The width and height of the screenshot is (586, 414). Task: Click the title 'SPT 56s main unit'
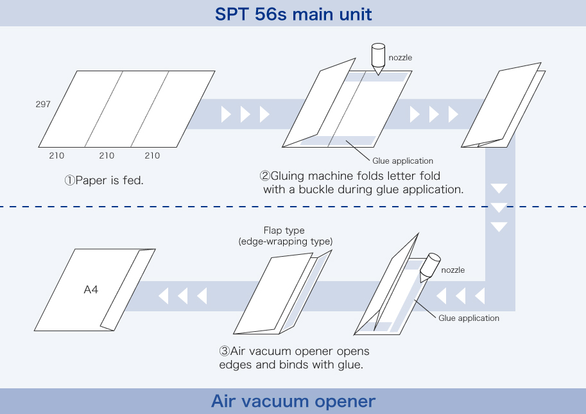(x=293, y=14)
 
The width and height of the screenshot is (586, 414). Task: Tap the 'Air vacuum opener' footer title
(x=293, y=401)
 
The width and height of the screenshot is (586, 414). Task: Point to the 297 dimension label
(x=43, y=104)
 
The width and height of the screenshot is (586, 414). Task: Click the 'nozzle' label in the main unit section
(x=401, y=58)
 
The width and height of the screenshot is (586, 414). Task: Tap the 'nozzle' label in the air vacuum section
(x=453, y=270)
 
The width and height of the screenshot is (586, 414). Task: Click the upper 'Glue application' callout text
(x=403, y=160)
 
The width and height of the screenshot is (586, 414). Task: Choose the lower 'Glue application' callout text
(x=469, y=318)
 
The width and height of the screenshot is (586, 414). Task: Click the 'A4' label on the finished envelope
(x=90, y=289)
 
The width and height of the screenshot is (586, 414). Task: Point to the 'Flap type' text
(x=284, y=230)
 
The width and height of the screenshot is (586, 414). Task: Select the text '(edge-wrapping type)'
(x=286, y=241)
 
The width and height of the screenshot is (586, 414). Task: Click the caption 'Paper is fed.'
(x=109, y=180)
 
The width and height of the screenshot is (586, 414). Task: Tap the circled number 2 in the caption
(x=264, y=176)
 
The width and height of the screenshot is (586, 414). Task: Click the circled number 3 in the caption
(x=224, y=351)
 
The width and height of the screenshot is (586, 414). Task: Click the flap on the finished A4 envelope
(x=128, y=289)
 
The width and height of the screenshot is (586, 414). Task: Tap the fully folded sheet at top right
(x=503, y=105)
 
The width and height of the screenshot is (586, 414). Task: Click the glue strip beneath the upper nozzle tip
(x=377, y=77)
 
